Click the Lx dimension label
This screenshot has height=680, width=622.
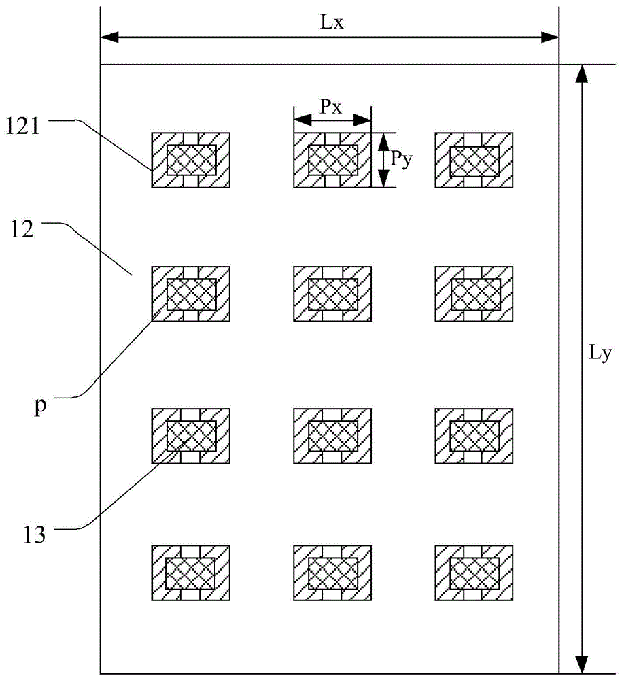[332, 22]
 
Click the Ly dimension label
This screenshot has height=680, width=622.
[600, 354]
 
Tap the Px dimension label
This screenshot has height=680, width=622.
[331, 106]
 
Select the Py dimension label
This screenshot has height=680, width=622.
[401, 160]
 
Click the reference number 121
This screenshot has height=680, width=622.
[22, 126]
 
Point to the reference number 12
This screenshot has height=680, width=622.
[22, 230]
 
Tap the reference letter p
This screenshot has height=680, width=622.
[40, 407]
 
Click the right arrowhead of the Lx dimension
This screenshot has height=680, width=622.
[550, 37]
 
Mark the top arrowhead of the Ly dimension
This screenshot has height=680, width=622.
[582, 73]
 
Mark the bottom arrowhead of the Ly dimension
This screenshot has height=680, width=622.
[582, 665]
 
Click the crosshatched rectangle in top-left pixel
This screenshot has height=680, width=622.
[192, 160]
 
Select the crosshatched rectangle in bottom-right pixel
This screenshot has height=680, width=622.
[474, 573]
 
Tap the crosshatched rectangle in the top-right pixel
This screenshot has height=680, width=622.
[474, 161]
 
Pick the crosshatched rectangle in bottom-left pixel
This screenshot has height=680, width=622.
[190, 573]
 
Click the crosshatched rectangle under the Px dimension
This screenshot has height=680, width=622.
[333, 160]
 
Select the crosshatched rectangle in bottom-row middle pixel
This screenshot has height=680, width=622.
[333, 573]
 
